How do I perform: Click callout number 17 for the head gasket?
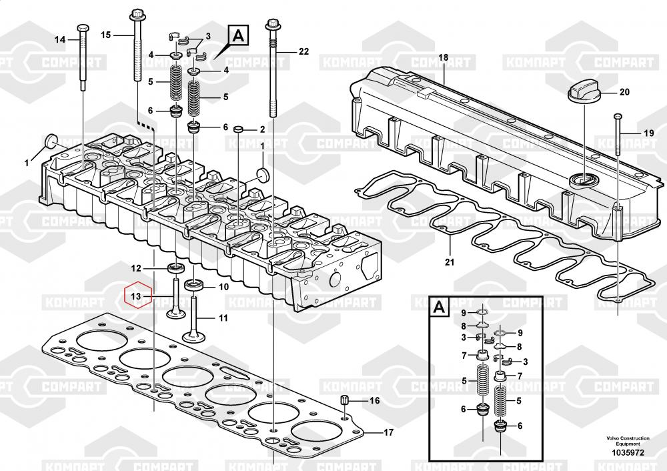point(388,432)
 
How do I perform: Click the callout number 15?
point(106,34)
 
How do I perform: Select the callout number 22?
point(304,51)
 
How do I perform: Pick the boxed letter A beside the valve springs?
point(239,34)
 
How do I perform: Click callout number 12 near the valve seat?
point(135,269)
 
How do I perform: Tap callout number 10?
point(223,287)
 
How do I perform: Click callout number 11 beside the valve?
point(223,318)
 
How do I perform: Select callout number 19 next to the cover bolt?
point(648,133)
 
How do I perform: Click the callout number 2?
point(263,129)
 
